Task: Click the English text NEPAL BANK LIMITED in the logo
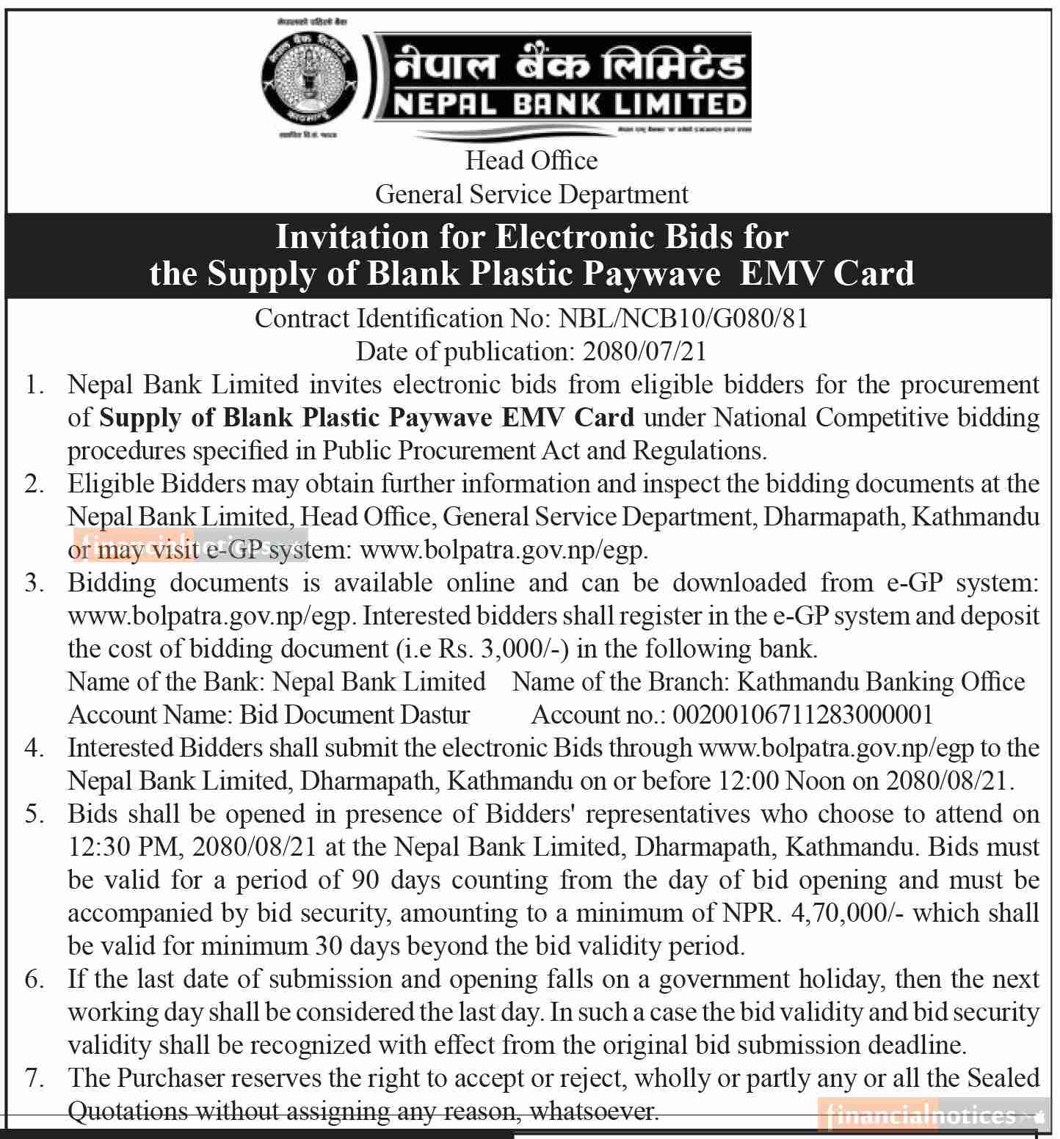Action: [x=570, y=104]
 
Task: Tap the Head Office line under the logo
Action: [x=531, y=160]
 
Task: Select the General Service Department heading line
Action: [x=531, y=194]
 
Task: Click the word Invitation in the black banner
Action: [x=346, y=237]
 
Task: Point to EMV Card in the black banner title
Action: [x=827, y=273]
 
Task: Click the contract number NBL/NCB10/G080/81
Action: [x=683, y=319]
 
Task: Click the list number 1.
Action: [x=35, y=385]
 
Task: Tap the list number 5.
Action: [x=35, y=814]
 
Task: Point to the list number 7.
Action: [x=35, y=1078]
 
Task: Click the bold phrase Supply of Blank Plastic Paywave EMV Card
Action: [x=366, y=418]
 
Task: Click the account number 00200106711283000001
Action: [x=802, y=715]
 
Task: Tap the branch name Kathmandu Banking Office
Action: [x=880, y=682]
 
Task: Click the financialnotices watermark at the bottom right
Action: [x=932, y=1116]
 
